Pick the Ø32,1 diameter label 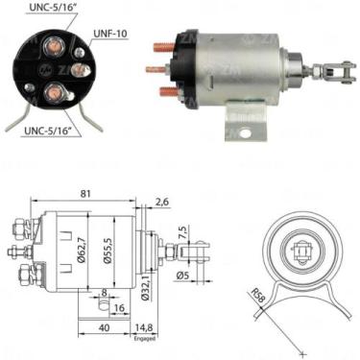(145, 288)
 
